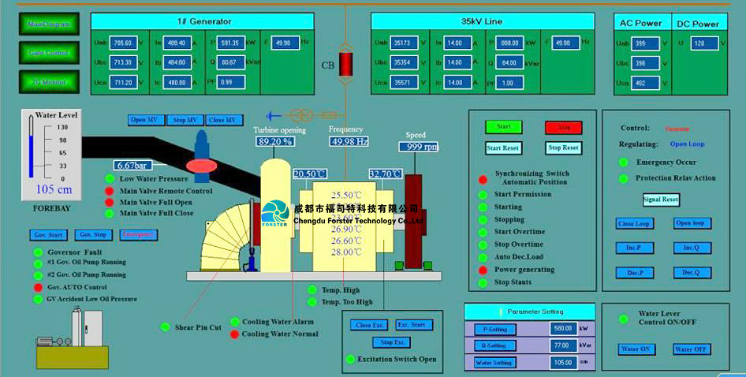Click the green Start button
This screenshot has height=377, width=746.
click(504, 126)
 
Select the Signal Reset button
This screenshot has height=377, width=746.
click(661, 200)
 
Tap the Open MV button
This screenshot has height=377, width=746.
click(145, 120)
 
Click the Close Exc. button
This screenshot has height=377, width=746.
click(369, 325)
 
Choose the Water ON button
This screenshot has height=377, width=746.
click(636, 349)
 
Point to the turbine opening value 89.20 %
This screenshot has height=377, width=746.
click(275, 142)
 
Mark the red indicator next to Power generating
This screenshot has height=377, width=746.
click(483, 270)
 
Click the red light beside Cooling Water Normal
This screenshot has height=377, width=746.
click(234, 334)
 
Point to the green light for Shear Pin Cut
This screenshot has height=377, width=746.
click(165, 327)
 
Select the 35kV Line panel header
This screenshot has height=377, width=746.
click(483, 21)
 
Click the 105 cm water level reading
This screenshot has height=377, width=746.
click(54, 189)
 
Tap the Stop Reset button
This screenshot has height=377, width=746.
click(563, 147)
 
